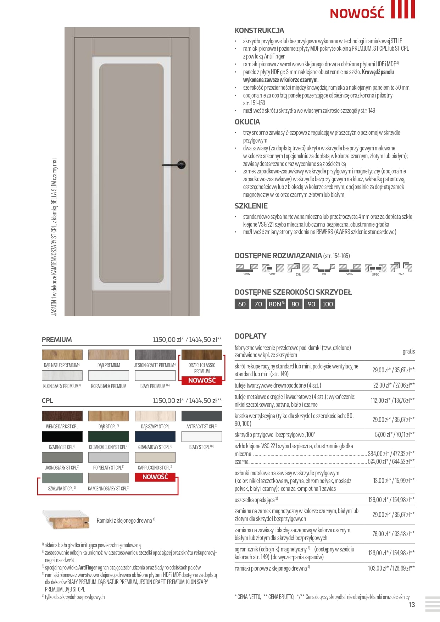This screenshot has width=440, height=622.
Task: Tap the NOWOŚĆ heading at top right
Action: (x=357, y=13)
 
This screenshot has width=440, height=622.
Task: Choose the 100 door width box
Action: (x=328, y=304)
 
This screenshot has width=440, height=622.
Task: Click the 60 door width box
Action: (x=242, y=304)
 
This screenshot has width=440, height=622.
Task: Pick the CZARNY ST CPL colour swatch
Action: (x=62, y=437)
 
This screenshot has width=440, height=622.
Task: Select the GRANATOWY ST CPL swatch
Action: (x=155, y=437)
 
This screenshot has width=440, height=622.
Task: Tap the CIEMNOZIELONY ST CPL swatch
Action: (x=108, y=437)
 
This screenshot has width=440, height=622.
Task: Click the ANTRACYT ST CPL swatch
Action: (x=202, y=416)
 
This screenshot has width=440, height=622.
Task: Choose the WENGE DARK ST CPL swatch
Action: (x=62, y=416)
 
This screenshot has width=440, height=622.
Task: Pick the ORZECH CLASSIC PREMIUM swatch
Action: (x=202, y=355)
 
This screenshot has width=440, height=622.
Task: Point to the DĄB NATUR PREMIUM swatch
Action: (x=62, y=355)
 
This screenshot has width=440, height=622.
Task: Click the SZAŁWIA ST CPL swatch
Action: (x=62, y=478)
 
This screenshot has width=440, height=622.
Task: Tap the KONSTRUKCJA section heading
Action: (x=259, y=30)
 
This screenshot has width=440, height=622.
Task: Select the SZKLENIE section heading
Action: (x=251, y=206)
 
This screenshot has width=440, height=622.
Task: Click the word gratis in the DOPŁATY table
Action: (x=408, y=351)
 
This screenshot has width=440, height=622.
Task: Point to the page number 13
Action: (x=411, y=605)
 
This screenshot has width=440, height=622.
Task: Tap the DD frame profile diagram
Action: (x=324, y=268)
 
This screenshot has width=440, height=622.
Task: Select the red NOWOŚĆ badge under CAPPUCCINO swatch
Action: (x=155, y=477)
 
